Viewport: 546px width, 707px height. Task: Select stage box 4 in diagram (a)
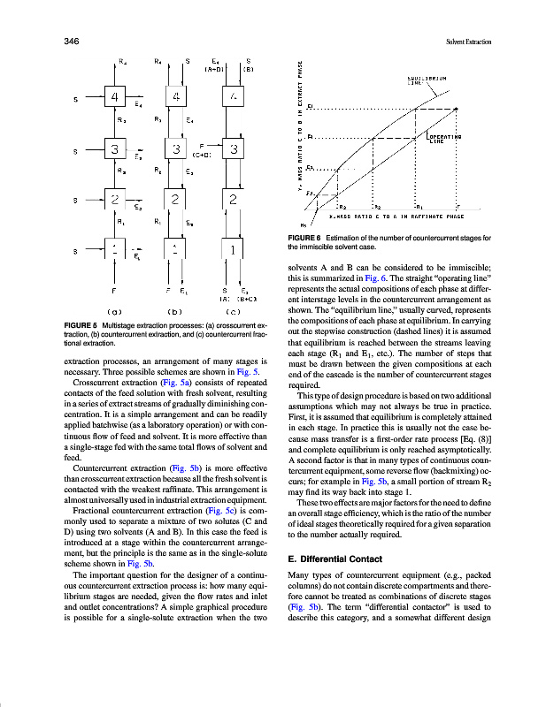(x=115, y=95)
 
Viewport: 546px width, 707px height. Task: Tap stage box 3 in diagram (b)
(x=178, y=148)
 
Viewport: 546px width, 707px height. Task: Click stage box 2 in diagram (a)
(x=115, y=200)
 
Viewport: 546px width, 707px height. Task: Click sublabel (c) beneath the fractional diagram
(x=232, y=311)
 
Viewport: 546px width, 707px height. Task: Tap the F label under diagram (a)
(x=114, y=290)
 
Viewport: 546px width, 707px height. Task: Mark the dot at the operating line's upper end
(x=457, y=109)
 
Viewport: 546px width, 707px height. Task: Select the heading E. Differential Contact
(x=335, y=559)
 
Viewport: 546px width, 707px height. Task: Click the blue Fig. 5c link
(x=219, y=512)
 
